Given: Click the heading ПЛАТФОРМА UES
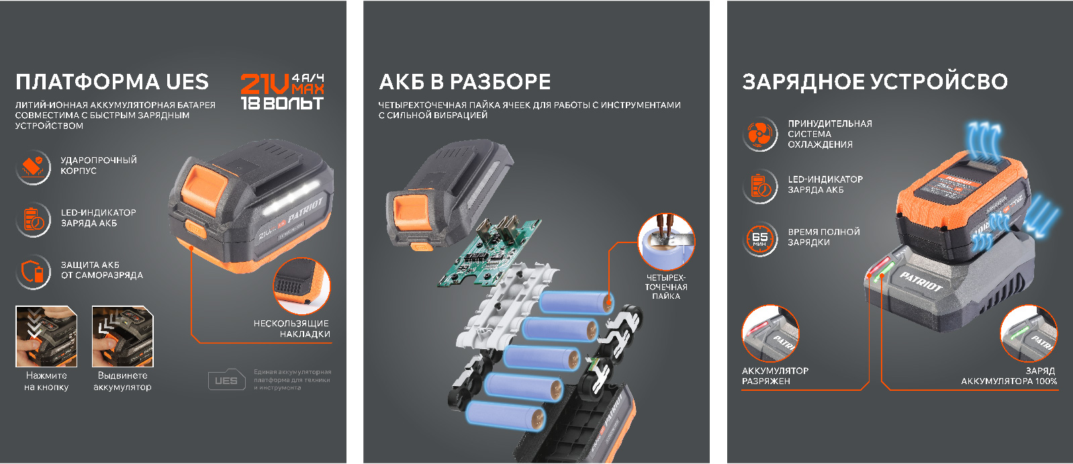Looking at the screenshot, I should (112, 82).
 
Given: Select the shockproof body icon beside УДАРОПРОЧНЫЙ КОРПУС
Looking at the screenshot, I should (33, 167).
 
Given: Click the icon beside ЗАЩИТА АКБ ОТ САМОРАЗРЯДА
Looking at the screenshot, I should (33, 271).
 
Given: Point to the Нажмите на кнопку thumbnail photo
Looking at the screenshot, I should (46, 336).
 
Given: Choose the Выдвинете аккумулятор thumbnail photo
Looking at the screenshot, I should (122, 336).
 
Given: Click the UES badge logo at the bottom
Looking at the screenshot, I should (226, 380).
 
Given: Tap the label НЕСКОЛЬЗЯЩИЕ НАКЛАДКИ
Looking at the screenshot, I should (291, 328).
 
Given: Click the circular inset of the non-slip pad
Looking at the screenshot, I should (301, 285).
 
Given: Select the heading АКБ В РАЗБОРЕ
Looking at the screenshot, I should (465, 82).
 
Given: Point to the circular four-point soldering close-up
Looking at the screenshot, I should (665, 242).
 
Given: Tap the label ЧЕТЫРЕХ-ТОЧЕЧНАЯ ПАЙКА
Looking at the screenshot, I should (665, 287).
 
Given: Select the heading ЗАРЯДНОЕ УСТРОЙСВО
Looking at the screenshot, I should (874, 82).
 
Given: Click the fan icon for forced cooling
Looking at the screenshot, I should (759, 134).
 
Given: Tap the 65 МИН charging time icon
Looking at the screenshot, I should (759, 238).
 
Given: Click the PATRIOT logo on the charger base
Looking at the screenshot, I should (921, 281).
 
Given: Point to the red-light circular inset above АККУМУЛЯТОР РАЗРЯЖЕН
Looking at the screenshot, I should (770, 334).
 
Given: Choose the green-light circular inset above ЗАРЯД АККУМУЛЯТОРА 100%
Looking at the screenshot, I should (1029, 334).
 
